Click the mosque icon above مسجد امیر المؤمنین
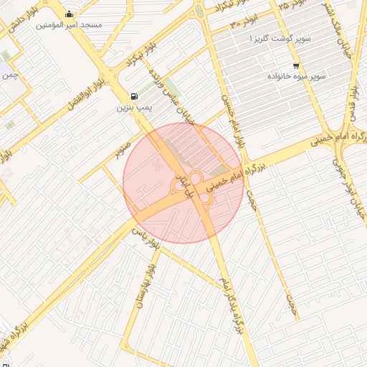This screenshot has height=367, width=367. tap(69, 14)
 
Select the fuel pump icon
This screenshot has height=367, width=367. tap(133, 96)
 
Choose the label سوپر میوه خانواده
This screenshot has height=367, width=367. tap(297, 75)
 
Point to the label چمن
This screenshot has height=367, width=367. tap(9, 75)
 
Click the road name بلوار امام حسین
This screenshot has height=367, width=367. tap(234, 118)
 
